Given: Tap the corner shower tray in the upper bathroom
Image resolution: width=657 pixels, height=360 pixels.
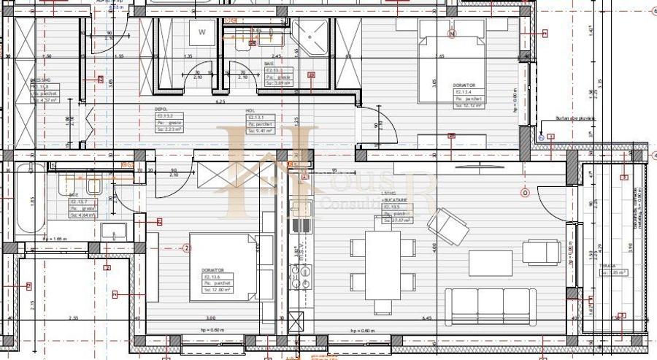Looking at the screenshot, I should tap(312, 37).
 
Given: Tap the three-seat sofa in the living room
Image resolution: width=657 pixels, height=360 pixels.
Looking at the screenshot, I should tap(490, 306).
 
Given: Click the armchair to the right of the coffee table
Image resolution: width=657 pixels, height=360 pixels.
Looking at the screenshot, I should tap(541, 253).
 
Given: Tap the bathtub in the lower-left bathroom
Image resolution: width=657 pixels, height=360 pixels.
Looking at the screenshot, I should tap(30, 198).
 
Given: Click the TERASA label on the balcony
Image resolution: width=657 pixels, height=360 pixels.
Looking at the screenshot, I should tap(610, 267).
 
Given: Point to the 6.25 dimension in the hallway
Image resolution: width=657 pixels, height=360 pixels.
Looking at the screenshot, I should tap(220, 102).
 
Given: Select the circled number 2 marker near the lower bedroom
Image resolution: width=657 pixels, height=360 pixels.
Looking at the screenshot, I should tap(188, 248).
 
